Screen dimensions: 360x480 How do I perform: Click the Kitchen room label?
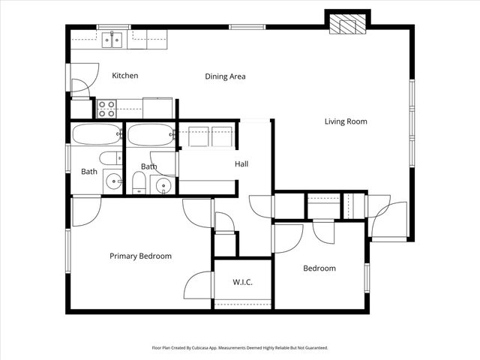124,76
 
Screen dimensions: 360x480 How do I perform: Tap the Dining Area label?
225,76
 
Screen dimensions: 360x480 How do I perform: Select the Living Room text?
346,121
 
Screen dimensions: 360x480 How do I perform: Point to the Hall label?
241,164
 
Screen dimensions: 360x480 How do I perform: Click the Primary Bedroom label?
140,256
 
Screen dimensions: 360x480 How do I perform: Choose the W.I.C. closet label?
241,283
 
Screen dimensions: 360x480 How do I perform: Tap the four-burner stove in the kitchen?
106,109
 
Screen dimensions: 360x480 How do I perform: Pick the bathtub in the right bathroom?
151,136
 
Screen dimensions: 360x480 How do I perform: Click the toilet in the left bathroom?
110,158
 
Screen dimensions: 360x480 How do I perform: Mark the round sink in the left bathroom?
112,181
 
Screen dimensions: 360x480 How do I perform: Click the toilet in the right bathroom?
138,181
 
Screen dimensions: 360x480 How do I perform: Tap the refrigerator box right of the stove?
157,108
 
